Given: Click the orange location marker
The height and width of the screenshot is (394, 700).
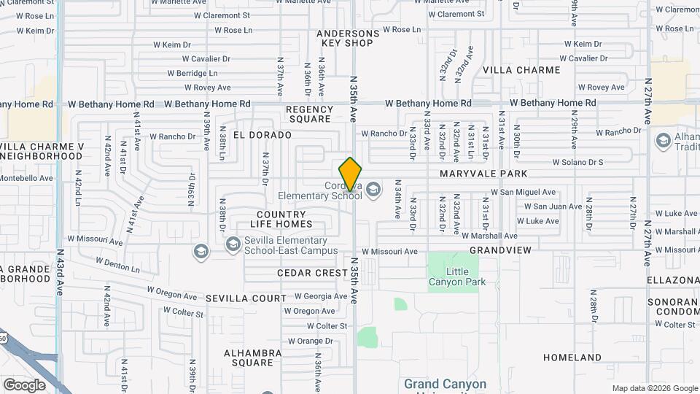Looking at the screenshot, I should click(351, 174).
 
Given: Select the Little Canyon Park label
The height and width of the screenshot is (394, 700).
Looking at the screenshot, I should click(457, 277).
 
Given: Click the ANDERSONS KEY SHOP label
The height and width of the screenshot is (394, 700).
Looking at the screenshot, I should click(348, 38).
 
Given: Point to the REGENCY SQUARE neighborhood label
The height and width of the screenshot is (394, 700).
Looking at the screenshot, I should click(309, 114).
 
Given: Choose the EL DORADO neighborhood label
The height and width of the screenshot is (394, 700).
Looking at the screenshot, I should click(262, 135).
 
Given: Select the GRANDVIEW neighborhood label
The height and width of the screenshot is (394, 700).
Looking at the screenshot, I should click(500, 250).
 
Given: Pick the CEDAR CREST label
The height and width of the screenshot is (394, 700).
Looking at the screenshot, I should click(313, 273).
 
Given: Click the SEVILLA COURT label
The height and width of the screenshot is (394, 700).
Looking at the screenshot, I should click(246, 298).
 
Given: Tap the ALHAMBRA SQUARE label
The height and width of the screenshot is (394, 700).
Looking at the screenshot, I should click(253, 358).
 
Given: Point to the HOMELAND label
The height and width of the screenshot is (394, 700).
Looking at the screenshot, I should click(572, 358).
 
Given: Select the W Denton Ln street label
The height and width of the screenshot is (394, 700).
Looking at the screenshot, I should click(117, 264).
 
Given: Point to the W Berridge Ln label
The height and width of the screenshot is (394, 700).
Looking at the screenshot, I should click(192, 74).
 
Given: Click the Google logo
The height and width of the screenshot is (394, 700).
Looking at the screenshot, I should click(24, 385).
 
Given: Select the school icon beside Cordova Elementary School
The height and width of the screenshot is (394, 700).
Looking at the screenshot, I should click(374, 190).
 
